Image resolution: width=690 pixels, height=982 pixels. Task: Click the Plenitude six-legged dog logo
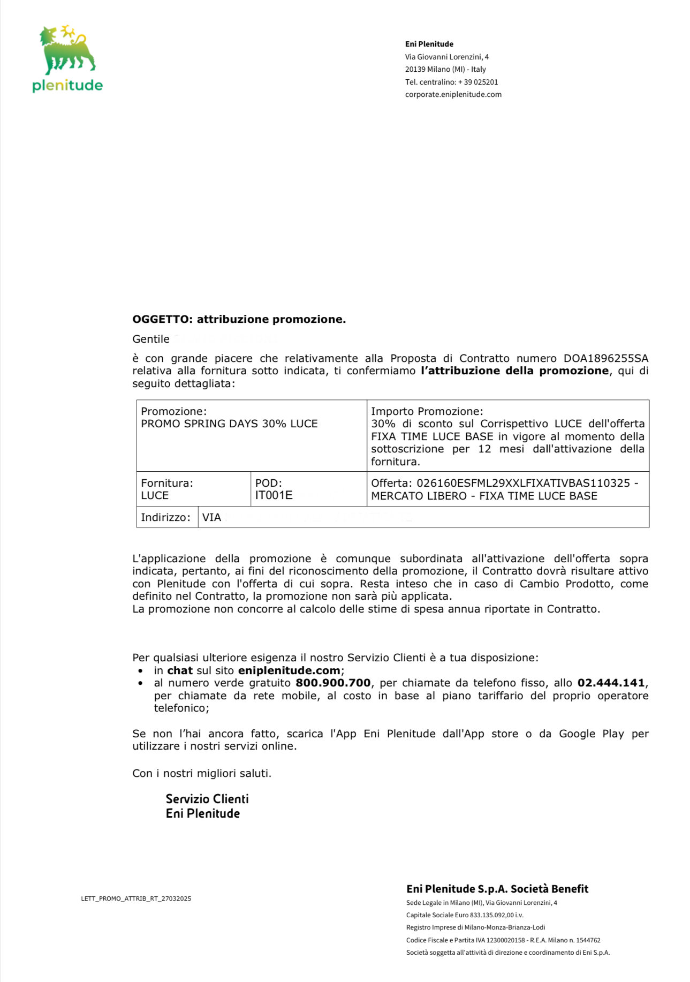click(x=67, y=50)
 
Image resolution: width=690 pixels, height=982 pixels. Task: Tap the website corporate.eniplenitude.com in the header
click(x=453, y=95)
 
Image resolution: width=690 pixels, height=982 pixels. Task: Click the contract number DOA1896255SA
click(x=605, y=359)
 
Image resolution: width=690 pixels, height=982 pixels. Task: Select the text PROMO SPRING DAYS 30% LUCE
click(x=229, y=424)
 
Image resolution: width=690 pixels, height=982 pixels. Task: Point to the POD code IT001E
click(x=274, y=496)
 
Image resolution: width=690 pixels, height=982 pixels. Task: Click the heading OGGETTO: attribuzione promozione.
click(x=239, y=320)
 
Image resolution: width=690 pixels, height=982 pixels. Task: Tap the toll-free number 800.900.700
click(x=333, y=683)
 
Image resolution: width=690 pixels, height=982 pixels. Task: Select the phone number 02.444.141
click(x=611, y=683)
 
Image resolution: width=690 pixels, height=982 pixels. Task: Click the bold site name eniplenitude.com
click(x=289, y=671)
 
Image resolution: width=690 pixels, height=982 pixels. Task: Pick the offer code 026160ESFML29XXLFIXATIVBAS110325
click(x=523, y=484)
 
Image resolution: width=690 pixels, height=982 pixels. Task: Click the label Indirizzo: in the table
click(x=165, y=518)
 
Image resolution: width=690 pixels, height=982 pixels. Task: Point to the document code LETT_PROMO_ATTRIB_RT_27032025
click(x=136, y=898)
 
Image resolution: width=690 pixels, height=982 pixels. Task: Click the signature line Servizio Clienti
click(x=207, y=799)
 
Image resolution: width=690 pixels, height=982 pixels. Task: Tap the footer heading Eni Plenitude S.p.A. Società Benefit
click(x=497, y=889)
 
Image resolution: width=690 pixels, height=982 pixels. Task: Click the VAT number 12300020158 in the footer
click(x=505, y=940)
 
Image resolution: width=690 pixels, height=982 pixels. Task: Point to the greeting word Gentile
click(x=151, y=339)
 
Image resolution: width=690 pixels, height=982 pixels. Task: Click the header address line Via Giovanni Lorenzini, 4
click(x=446, y=57)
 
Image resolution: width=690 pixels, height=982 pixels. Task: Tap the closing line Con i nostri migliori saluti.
click(x=202, y=774)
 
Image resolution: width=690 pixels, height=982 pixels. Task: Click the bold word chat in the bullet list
click(x=180, y=671)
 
